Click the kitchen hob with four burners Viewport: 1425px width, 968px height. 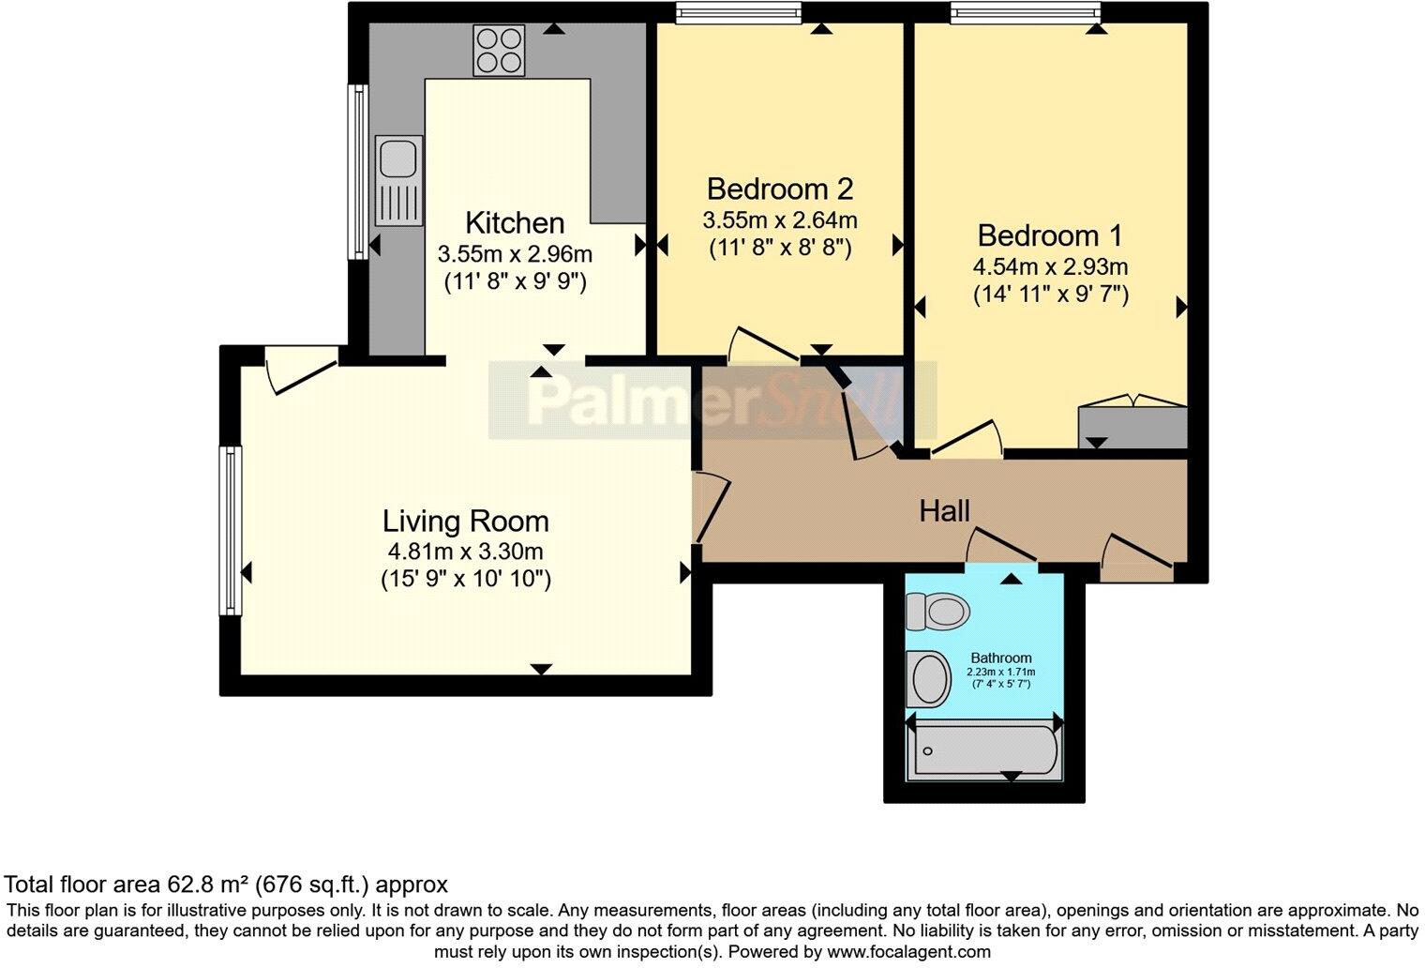[x=499, y=51]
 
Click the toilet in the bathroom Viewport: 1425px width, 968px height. [x=937, y=613]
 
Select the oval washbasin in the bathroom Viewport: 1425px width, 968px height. [x=930, y=679]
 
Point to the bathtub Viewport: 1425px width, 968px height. [x=984, y=750]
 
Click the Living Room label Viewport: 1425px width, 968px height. [x=465, y=521]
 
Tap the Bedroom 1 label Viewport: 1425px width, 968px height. [x=1049, y=234]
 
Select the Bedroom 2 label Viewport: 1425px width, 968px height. [x=779, y=189]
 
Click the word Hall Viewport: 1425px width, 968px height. [x=944, y=511]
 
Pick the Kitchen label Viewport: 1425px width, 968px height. [x=515, y=223]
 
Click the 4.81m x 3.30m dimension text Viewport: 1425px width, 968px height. [x=465, y=552]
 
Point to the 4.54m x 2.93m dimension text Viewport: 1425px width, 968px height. [x=1050, y=266]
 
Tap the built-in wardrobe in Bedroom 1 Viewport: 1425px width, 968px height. [x=1132, y=427]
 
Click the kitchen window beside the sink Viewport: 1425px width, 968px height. [x=357, y=172]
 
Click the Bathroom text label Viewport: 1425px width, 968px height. [x=1000, y=658]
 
